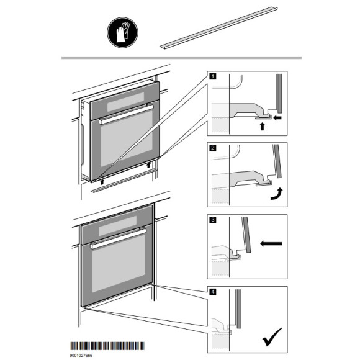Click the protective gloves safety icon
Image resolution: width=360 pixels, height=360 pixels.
click(122, 32)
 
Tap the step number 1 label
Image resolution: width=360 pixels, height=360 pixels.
click(213, 76)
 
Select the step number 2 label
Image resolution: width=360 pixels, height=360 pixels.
click(213, 148)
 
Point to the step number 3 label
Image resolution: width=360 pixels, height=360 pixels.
click(213, 220)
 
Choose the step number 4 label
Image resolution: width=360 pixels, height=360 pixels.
click(213, 292)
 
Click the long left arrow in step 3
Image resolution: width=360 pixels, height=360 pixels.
click(271, 243)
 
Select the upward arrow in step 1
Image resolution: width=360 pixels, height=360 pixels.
click(262, 126)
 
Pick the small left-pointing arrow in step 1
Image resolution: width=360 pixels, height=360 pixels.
click(278, 118)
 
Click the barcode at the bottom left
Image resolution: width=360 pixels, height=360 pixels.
click(107, 346)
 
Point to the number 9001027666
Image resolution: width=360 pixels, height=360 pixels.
click(81, 356)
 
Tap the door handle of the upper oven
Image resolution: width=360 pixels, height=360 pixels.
click(126, 114)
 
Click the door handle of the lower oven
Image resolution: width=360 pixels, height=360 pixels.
click(118, 239)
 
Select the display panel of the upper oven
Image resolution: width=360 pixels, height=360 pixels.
click(125, 102)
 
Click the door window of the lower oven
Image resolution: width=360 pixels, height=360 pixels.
click(119, 264)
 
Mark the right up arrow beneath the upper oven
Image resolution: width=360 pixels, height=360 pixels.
click(149, 164)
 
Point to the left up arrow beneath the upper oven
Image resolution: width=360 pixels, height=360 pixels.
click(102, 182)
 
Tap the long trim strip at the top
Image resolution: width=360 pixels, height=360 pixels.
click(218, 28)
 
